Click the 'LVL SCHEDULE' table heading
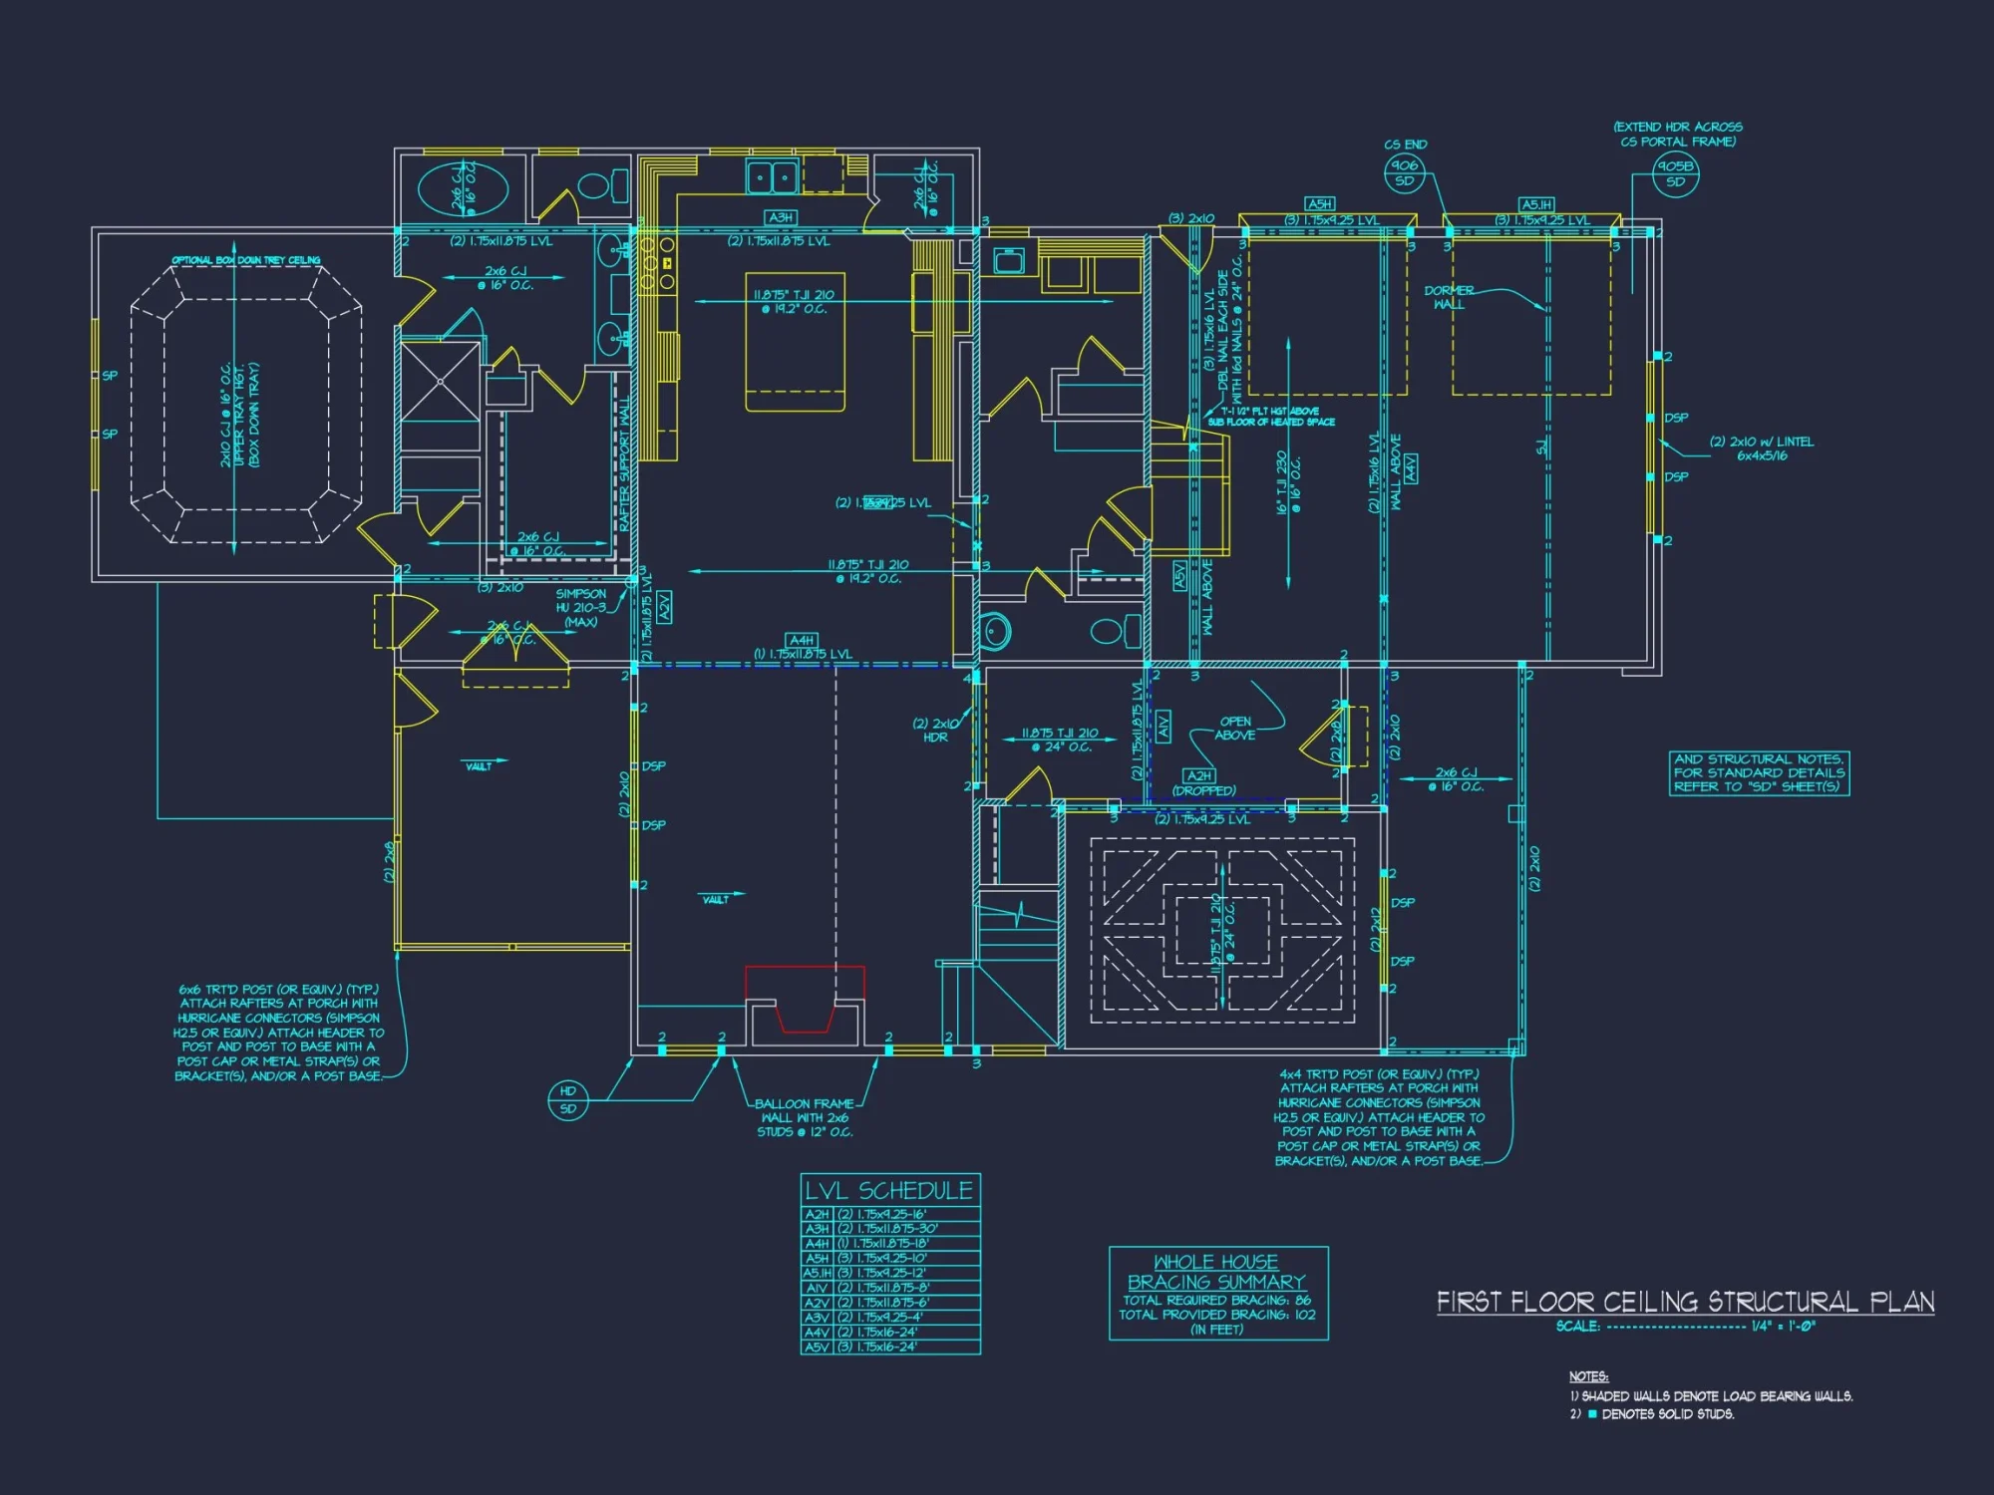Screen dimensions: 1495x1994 tap(889, 1190)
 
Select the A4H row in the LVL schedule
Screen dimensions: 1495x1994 tap(889, 1243)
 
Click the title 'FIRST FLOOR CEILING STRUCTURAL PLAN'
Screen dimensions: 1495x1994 tap(1685, 1302)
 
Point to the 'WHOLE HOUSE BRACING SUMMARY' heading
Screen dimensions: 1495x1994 tap(1216, 1272)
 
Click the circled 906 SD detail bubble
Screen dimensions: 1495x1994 tap(1404, 173)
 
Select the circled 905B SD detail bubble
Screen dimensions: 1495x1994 tap(1675, 173)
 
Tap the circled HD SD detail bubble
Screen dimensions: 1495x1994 tap(568, 1099)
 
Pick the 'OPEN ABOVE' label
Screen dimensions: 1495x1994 tap(1235, 728)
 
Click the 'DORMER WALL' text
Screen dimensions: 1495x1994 tap(1449, 297)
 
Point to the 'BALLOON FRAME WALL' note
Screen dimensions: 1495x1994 tap(805, 1117)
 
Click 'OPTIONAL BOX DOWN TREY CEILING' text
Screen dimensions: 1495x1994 tap(245, 260)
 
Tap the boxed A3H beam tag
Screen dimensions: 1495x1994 tap(780, 217)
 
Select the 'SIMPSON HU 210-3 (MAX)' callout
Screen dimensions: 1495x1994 tap(581, 607)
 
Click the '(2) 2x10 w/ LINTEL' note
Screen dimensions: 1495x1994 tap(1762, 448)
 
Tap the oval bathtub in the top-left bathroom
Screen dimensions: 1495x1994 tap(462, 189)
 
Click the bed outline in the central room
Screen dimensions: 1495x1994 tap(795, 342)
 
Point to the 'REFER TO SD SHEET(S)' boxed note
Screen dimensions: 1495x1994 tap(1759, 772)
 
